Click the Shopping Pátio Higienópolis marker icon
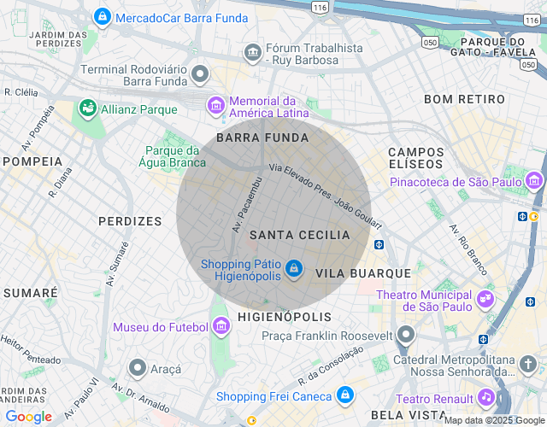click(x=293, y=270)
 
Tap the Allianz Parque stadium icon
click(x=86, y=108)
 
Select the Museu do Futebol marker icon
click(x=221, y=326)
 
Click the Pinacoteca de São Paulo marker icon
click(x=534, y=181)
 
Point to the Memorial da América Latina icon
click(x=216, y=106)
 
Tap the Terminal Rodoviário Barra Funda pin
click(x=201, y=74)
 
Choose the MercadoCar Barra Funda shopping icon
click(x=102, y=16)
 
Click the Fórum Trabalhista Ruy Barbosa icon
click(x=252, y=53)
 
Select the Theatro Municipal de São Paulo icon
click(x=485, y=299)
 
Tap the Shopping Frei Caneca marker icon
click(x=344, y=395)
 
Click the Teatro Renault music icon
click(x=485, y=397)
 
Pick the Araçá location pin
click(x=137, y=368)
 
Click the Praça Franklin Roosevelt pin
click(x=407, y=335)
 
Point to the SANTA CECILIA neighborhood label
click(x=299, y=235)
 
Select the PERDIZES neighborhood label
click(x=130, y=221)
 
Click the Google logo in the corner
click(x=28, y=417)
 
